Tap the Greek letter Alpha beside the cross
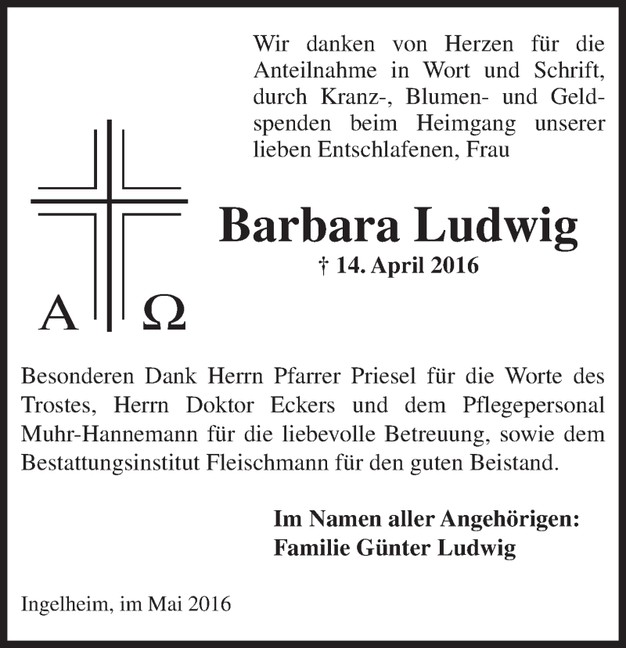(59, 313)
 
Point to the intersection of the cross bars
(110, 202)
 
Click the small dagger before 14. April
(324, 266)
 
